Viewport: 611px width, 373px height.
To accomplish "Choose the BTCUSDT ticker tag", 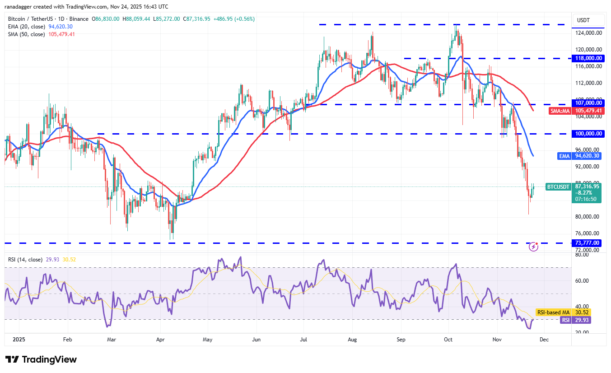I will click(x=558, y=186).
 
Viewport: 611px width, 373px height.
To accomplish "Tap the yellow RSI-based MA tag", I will click(x=553, y=312).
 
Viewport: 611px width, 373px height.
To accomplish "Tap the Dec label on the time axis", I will click(x=544, y=339).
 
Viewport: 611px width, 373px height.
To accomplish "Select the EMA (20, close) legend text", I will click(x=26, y=27).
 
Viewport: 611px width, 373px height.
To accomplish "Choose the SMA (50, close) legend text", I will click(x=26, y=34).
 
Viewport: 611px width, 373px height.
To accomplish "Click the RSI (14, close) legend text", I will click(x=25, y=260).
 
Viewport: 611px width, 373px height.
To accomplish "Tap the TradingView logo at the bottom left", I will click(x=41, y=359).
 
